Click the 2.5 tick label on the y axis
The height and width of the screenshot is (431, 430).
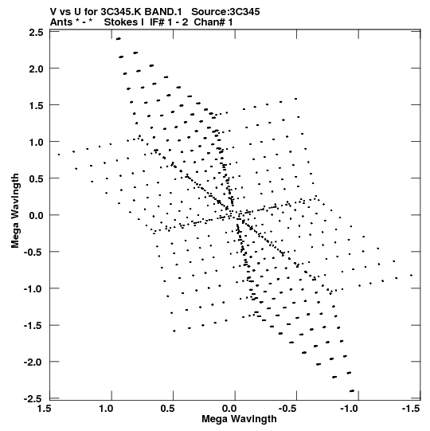pos(36,33)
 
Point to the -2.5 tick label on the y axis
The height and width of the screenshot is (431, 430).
pos(33,398)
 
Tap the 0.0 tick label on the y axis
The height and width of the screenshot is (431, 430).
pos(36,215)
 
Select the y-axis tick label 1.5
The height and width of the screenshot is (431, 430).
pos(36,105)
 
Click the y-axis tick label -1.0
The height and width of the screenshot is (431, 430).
pos(33,289)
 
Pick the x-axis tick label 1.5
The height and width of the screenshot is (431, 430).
pos(45,409)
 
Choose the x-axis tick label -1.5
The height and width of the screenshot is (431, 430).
pos(411,409)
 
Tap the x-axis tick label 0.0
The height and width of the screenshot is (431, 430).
pos(229,409)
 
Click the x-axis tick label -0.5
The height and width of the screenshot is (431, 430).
pos(287,409)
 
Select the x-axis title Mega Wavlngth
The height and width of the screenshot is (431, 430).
pos(239,419)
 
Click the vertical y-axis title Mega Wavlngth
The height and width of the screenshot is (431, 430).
pos(15,211)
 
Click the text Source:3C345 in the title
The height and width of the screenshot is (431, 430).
pos(225,12)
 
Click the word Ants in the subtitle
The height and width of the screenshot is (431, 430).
pos(61,22)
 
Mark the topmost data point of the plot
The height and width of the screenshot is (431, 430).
pos(119,39)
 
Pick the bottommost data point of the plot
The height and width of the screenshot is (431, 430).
pos(352,390)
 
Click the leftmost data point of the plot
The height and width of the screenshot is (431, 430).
pos(59,155)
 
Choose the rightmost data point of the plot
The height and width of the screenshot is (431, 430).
pos(412,275)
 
